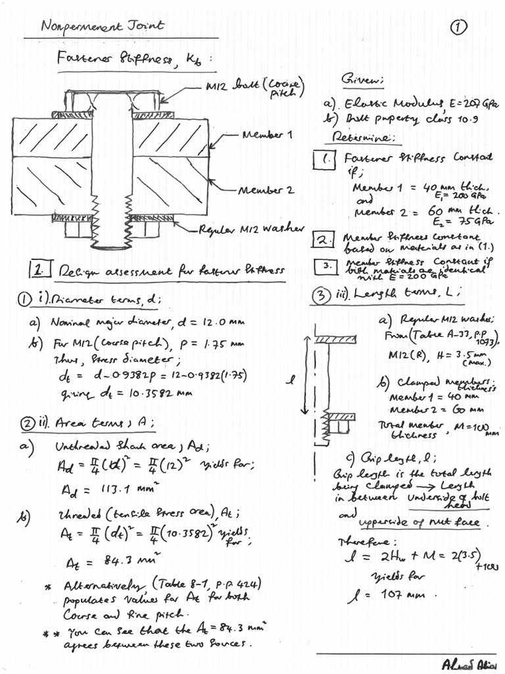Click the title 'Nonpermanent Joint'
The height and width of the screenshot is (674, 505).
coord(102,26)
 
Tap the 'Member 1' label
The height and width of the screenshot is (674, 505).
coord(268,134)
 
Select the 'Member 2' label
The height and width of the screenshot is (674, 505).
coord(268,190)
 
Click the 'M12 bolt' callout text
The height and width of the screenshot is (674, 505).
coord(247,88)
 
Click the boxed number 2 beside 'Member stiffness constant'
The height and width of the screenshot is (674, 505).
coord(324,240)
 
